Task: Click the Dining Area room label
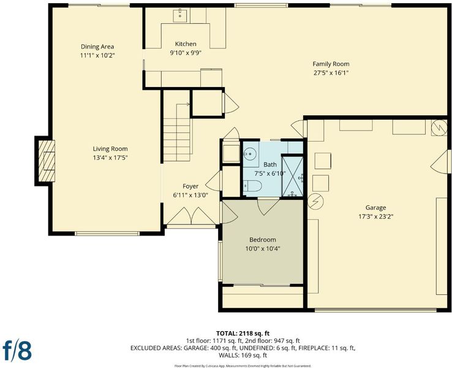tap(97, 47)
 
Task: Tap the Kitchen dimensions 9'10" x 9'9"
tap(186, 53)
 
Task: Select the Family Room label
tap(331, 64)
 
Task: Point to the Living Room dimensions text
tap(110, 158)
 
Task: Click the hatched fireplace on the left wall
tap(47, 161)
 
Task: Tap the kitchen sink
tap(180, 16)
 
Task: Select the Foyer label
tap(190, 186)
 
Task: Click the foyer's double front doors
tap(191, 216)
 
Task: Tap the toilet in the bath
tap(252, 186)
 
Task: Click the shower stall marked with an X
tap(292, 177)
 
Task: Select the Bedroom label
tap(263, 240)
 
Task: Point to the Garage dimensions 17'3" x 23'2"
tap(376, 217)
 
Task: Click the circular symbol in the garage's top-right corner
tap(439, 128)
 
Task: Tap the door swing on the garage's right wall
tap(440, 162)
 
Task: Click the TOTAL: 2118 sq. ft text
tap(243, 334)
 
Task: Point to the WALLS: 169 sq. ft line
tap(243, 355)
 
